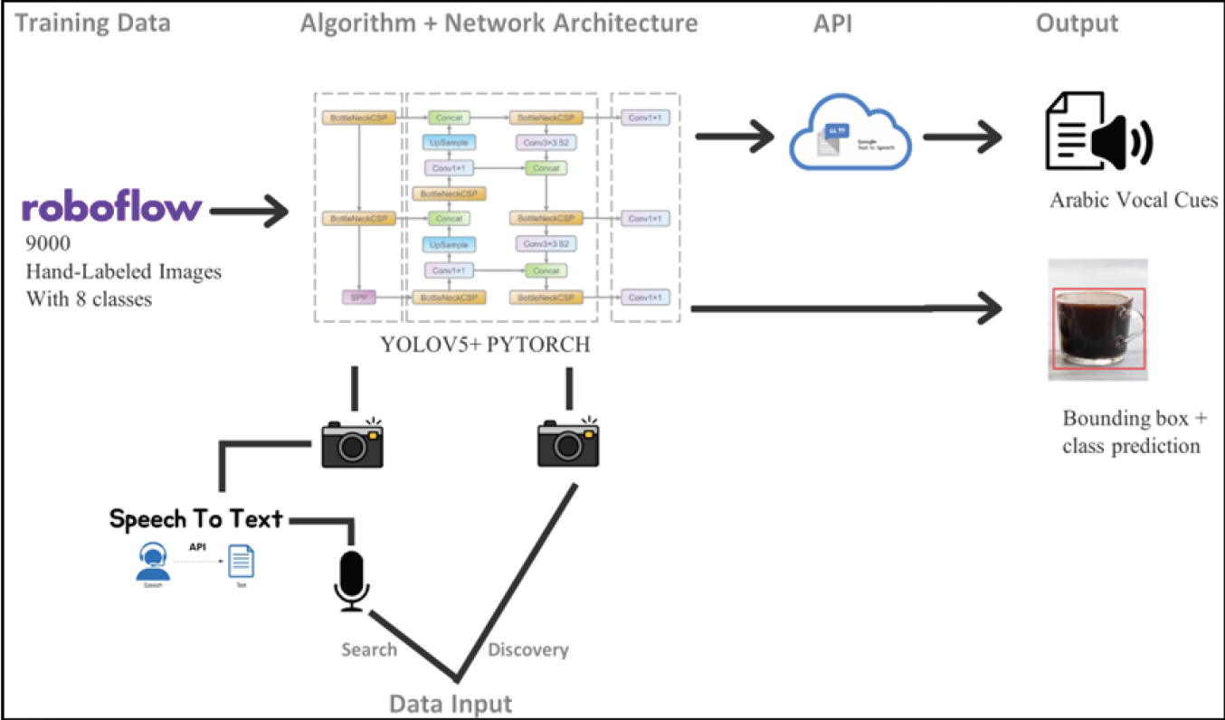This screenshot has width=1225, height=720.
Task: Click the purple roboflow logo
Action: (111, 208)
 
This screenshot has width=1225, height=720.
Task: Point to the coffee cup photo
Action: (1097, 319)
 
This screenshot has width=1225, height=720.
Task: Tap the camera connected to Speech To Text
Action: (353, 442)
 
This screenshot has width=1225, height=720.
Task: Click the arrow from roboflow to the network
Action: (247, 213)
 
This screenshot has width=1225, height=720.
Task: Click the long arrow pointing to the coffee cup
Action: (846, 310)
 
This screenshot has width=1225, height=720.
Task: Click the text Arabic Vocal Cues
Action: (1134, 201)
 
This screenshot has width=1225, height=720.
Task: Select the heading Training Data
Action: (93, 23)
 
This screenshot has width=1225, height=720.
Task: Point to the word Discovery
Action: (528, 649)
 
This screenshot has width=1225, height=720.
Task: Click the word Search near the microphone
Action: (369, 649)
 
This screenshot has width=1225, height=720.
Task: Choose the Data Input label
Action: (451, 703)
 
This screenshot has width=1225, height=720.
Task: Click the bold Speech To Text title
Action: (195, 519)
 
